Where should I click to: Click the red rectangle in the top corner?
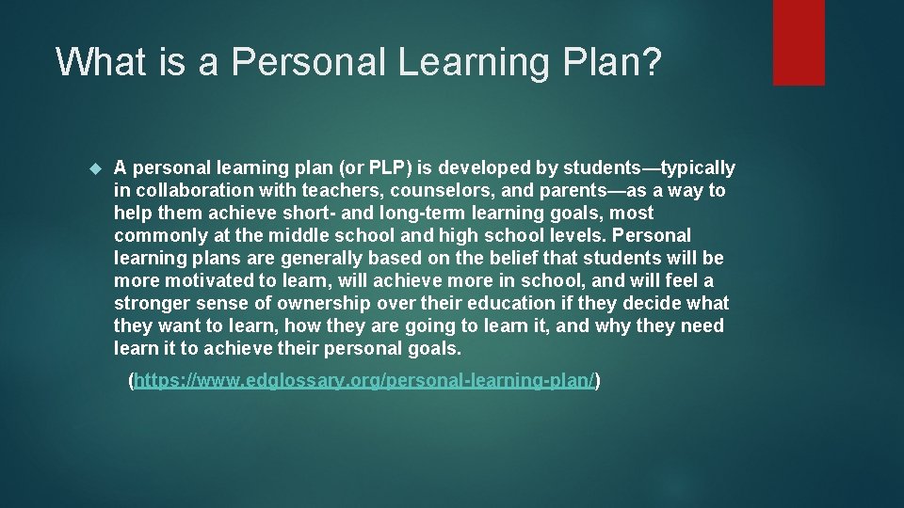(799, 42)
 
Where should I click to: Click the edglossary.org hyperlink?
(365, 380)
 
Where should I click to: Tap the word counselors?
(402, 191)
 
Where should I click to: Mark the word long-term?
(375, 214)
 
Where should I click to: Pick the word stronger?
(152, 304)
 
